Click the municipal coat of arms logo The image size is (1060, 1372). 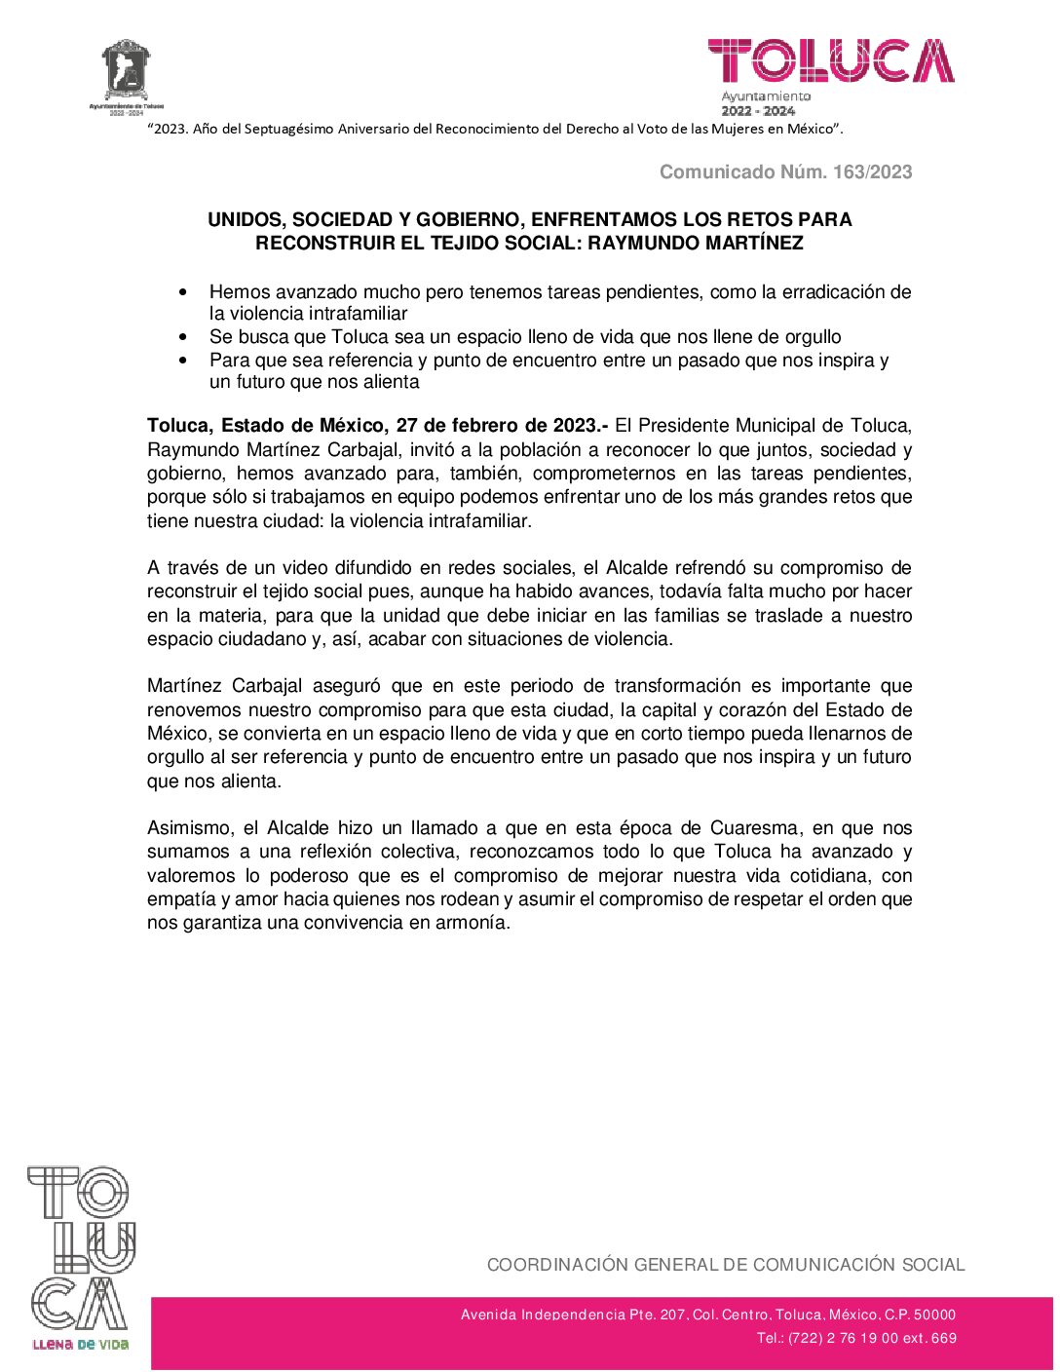click(127, 72)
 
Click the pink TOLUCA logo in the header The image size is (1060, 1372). click(830, 61)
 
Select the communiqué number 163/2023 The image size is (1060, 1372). click(872, 171)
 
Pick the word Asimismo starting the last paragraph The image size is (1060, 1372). click(189, 828)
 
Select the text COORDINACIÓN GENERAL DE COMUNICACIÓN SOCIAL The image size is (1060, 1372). click(726, 1265)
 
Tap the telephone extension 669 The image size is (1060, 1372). click(944, 1338)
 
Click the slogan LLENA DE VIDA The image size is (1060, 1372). click(81, 1345)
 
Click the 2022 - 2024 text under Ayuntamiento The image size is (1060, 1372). click(758, 111)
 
